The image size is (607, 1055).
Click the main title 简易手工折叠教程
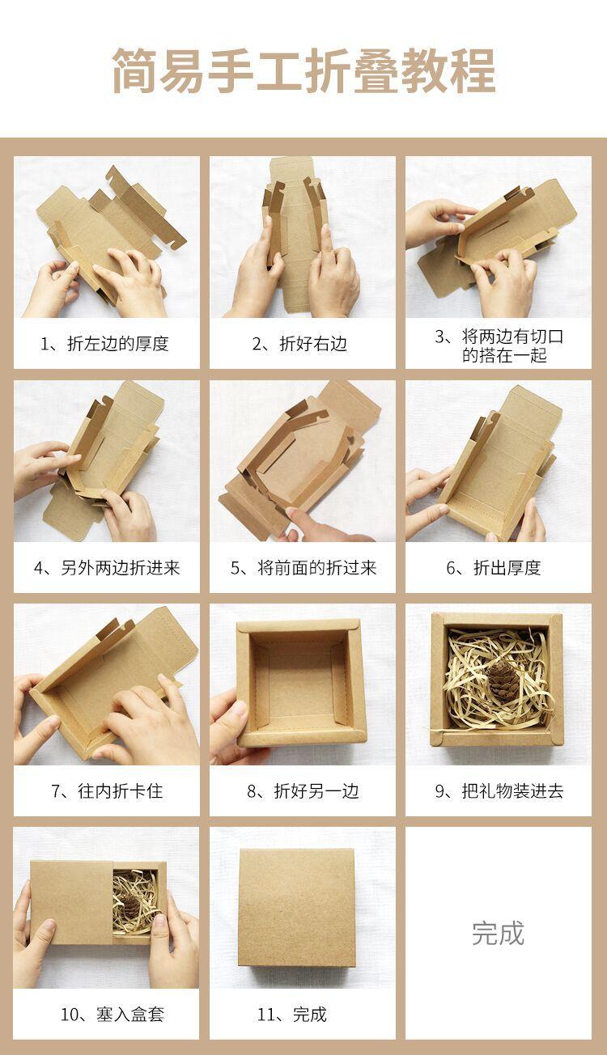pyautogui.click(x=303, y=70)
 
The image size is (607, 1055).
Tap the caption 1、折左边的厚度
pyautogui.click(x=104, y=344)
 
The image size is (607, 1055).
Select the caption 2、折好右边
pyautogui.click(x=299, y=344)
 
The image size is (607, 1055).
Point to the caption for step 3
pyautogui.click(x=499, y=345)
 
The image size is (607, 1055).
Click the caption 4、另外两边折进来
pyautogui.click(x=107, y=568)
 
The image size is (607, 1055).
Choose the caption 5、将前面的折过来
pyautogui.click(x=303, y=568)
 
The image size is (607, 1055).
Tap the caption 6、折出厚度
pyautogui.click(x=494, y=568)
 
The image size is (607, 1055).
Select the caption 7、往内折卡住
pyautogui.click(x=107, y=790)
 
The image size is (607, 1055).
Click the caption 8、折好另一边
pyautogui.click(x=303, y=790)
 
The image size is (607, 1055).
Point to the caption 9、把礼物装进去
pyautogui.click(x=499, y=790)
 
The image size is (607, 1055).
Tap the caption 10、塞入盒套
pyautogui.click(x=112, y=1014)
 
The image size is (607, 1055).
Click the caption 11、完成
pyautogui.click(x=291, y=1014)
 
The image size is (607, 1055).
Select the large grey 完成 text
pyautogui.click(x=498, y=934)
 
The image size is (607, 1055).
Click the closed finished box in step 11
pyautogui.click(x=296, y=910)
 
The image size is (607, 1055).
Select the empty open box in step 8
pyautogui.click(x=302, y=684)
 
